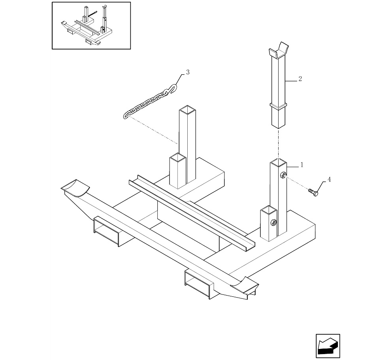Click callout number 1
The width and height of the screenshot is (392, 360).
pos(302,165)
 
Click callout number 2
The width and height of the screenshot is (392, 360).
pos(300,79)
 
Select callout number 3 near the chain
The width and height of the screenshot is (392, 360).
pos(188,72)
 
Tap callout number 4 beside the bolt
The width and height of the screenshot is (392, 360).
pos(329,179)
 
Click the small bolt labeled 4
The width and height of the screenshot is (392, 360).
pos(313,192)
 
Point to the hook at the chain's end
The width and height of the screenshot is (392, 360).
pos(173,89)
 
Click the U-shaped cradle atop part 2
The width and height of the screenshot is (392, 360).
pos(279,51)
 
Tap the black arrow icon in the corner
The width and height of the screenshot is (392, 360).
pos(328,346)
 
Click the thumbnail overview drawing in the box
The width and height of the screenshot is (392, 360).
pos(91,26)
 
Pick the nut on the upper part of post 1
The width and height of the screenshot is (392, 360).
pos(283,175)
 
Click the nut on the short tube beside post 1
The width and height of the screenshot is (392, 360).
pos(274,222)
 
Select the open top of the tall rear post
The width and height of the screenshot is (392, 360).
pos(187,109)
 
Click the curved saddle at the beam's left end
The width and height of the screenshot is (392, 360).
pos(75,187)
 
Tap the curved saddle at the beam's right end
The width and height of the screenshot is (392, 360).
pos(244,283)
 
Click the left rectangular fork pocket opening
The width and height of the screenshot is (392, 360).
pos(106,232)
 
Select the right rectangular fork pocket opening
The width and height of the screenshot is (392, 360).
pos(197,285)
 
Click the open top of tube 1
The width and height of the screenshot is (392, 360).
pos(278,162)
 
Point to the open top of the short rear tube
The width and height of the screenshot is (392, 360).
pos(178,157)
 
